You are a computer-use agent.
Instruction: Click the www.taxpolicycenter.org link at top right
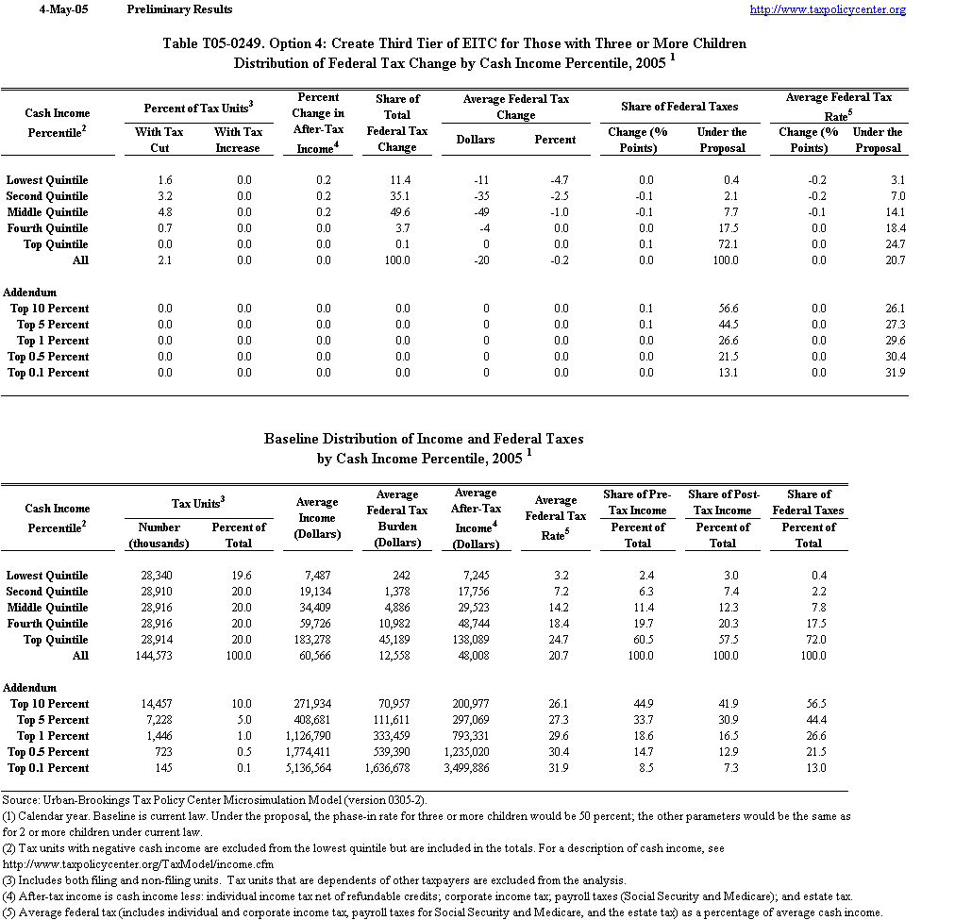tap(828, 9)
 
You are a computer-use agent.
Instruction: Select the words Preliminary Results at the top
tap(178, 9)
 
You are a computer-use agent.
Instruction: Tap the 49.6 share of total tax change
tap(396, 212)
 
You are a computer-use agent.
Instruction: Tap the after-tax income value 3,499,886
tap(476, 768)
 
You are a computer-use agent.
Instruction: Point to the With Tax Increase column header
tap(238, 141)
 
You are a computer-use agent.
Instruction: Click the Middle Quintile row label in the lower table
tap(47, 608)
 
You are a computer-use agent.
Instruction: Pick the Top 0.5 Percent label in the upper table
tap(48, 357)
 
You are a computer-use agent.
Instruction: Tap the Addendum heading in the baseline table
tap(30, 688)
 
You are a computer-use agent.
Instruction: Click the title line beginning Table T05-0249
tap(454, 44)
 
